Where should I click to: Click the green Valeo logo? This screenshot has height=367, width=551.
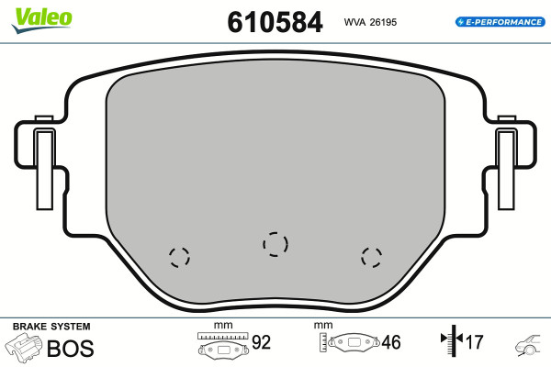click(x=42, y=20)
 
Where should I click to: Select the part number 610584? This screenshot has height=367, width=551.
click(x=275, y=22)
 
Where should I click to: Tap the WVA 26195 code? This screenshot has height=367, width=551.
click(x=370, y=22)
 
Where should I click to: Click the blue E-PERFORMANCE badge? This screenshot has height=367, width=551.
click(x=500, y=22)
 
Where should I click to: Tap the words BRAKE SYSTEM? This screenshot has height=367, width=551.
click(x=51, y=327)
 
